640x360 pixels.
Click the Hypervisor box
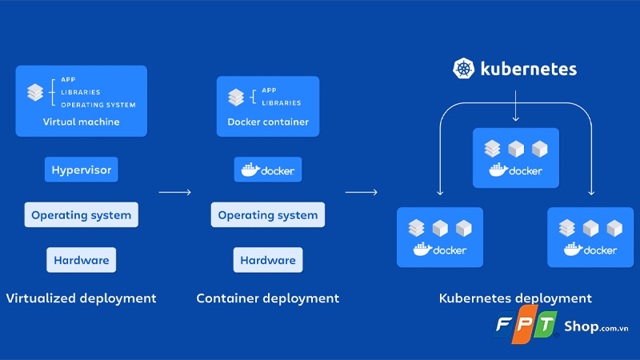tap(81, 170)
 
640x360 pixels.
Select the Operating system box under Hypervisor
tap(81, 215)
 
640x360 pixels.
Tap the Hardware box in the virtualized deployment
tap(81, 260)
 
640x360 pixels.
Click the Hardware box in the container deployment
tap(268, 260)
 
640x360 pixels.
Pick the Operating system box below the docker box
tap(268, 215)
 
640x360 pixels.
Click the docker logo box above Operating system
tap(268, 170)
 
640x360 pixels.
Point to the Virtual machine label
tap(81, 122)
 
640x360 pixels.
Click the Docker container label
tap(268, 122)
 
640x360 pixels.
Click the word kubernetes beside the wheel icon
tap(528, 69)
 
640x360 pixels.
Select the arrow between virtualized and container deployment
tap(175, 192)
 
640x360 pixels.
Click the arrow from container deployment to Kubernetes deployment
tap(362, 192)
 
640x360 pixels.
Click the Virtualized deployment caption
tap(81, 298)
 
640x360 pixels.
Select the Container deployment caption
tap(268, 298)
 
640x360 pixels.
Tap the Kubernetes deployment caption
tap(515, 298)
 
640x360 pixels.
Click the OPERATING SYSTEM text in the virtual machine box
tap(98, 105)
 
